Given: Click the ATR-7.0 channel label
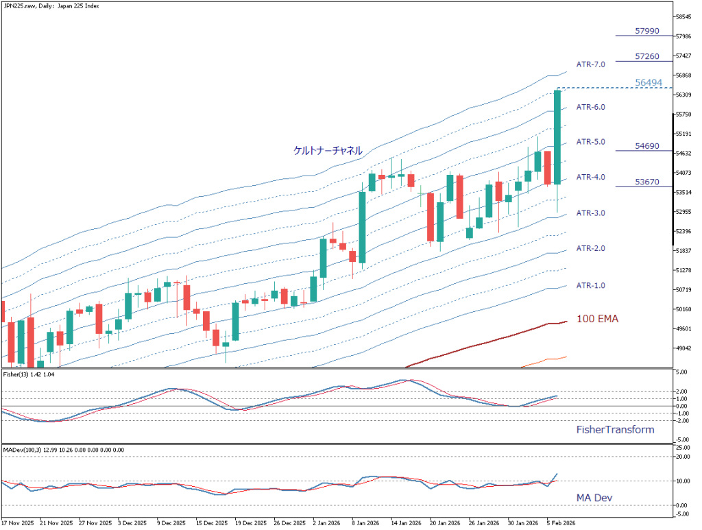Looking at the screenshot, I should click(590, 64).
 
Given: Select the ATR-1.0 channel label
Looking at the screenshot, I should click(590, 285).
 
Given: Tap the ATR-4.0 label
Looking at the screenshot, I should click(590, 177).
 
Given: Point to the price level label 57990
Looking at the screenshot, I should click(647, 31).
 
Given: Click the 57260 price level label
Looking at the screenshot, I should click(647, 56).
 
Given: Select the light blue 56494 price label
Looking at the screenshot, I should click(648, 83).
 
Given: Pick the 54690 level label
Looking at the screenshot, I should click(647, 146).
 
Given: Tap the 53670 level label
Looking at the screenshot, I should click(647, 182).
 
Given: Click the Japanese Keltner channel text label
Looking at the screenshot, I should click(327, 150).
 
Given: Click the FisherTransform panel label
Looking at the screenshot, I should click(614, 430).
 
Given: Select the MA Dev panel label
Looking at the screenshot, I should click(594, 496).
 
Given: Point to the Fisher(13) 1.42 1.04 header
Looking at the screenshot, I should click(29, 374).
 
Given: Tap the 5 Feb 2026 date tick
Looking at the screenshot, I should click(560, 522).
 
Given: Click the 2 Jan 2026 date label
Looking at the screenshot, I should click(327, 522).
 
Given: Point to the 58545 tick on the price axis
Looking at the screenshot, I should click(686, 16).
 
